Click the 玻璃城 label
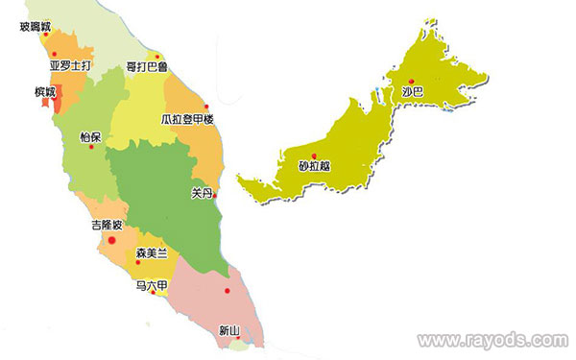point(37,28)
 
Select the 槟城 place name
point(45,92)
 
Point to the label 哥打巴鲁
point(147,67)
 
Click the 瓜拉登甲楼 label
point(187,120)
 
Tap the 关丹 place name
point(202,193)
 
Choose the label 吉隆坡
point(107,226)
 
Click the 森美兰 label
point(152,252)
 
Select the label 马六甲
point(152,285)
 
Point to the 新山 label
point(229,331)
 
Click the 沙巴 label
point(413,93)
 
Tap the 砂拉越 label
point(314,165)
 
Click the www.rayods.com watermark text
point(493,340)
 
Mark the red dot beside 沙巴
point(411,81)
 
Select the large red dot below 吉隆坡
point(112,240)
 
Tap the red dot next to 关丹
point(215,197)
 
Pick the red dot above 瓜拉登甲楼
point(206,106)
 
